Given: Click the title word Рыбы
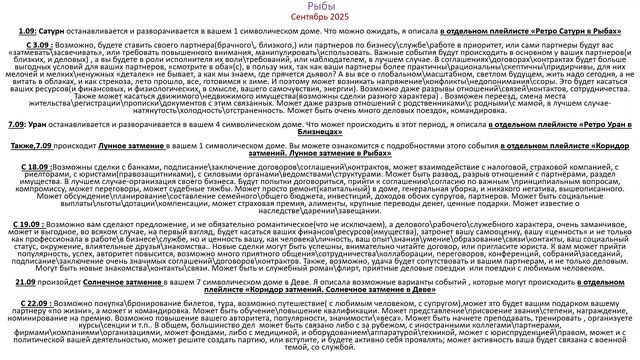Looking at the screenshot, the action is pos(320,7).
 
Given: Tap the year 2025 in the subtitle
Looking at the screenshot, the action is pos(342,19).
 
